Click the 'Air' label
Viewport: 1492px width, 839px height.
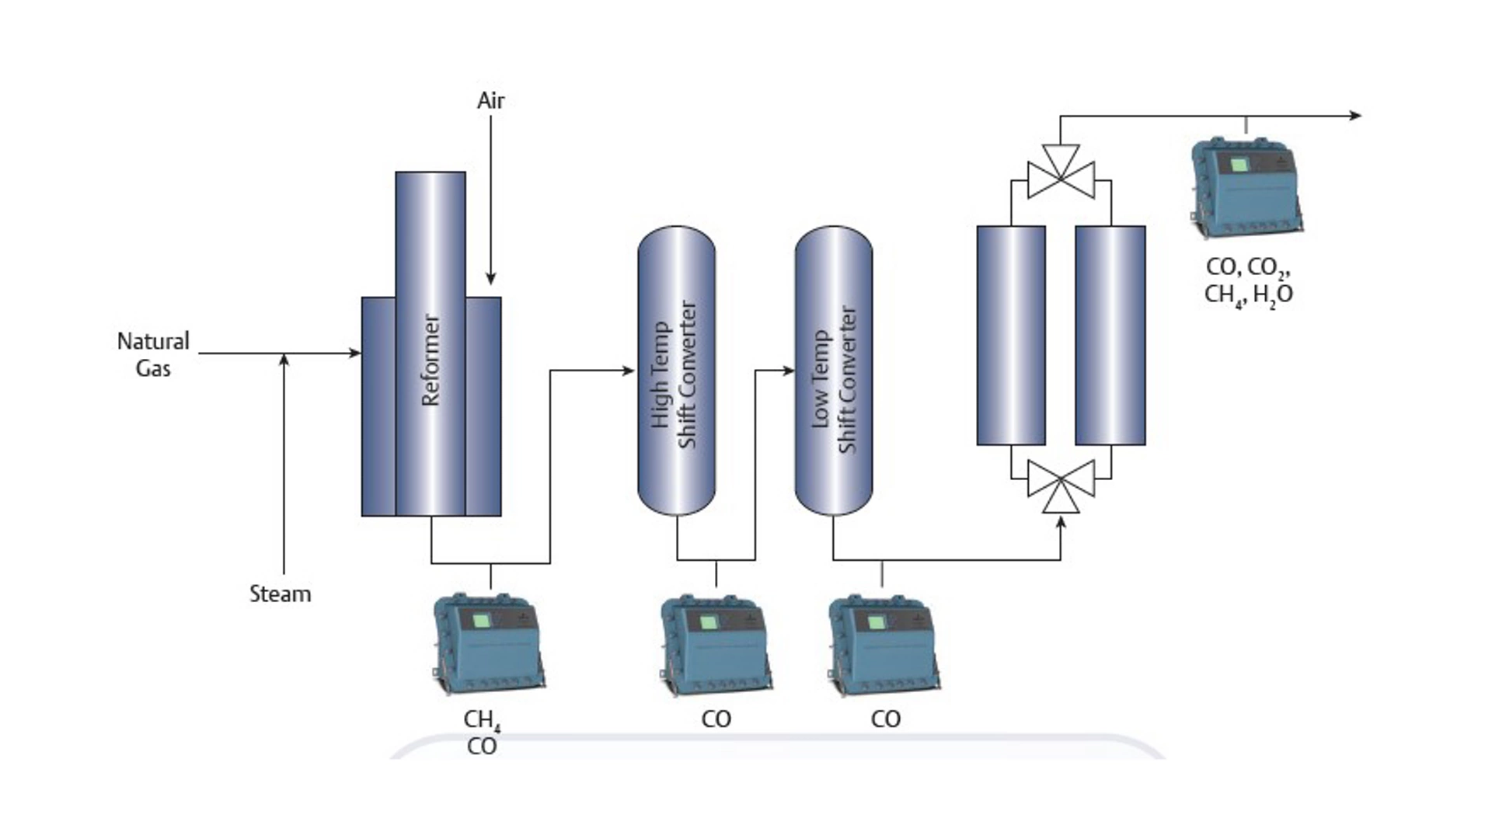pyautogui.click(x=490, y=100)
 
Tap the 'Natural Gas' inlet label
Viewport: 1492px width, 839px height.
pyautogui.click(x=153, y=354)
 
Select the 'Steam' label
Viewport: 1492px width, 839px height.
pyautogui.click(x=280, y=594)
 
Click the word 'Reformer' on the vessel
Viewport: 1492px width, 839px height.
pyautogui.click(x=431, y=360)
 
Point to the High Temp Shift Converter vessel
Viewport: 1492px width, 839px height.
pyautogui.click(x=676, y=371)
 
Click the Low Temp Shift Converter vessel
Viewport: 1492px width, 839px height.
pyautogui.click(x=834, y=371)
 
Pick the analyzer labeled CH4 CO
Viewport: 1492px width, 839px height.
pyautogui.click(x=488, y=644)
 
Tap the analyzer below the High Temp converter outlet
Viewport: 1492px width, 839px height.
pyautogui.click(x=715, y=644)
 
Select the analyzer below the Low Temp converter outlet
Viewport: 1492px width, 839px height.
pyautogui.click(x=884, y=644)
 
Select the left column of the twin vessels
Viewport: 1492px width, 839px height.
pyautogui.click(x=1011, y=336)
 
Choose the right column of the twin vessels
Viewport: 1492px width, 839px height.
pyautogui.click(x=1110, y=336)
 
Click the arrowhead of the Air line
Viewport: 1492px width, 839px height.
pyautogui.click(x=490, y=279)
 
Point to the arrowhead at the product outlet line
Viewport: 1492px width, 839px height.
pyautogui.click(x=1355, y=116)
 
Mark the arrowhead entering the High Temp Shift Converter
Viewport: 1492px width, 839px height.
pyautogui.click(x=629, y=371)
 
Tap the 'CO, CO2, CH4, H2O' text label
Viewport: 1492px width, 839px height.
pyautogui.click(x=1248, y=281)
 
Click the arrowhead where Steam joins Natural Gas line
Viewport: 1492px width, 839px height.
pyautogui.click(x=284, y=359)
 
